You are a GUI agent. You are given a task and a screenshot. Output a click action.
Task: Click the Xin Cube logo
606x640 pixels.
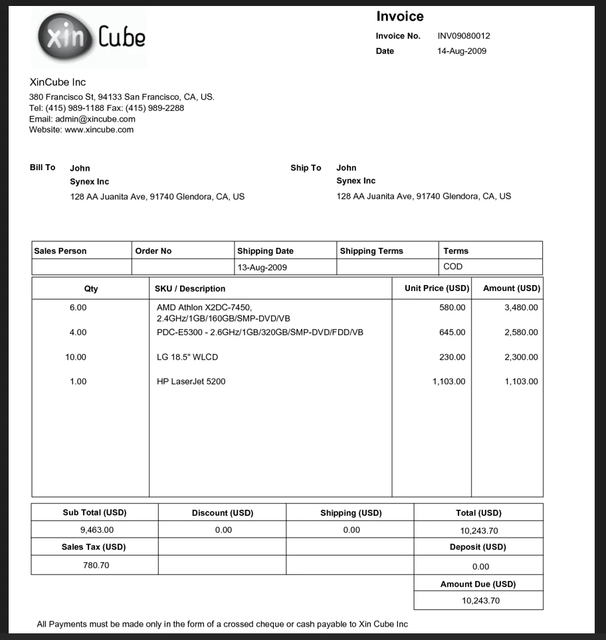pos(90,37)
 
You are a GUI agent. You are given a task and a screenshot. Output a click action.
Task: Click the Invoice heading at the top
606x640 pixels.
pos(399,17)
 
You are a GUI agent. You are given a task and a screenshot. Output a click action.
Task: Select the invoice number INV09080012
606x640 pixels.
pos(464,36)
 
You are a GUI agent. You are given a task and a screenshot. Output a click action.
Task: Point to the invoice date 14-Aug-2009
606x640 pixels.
pos(462,51)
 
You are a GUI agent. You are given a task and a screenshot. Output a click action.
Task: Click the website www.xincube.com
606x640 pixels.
pos(99,130)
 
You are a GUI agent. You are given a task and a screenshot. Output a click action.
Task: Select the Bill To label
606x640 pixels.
pos(43,167)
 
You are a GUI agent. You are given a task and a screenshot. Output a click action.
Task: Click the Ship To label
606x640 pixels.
pos(306,168)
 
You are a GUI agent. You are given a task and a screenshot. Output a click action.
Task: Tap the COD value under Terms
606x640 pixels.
pos(453,267)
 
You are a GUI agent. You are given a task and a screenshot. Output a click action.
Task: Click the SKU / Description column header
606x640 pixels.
pos(190,288)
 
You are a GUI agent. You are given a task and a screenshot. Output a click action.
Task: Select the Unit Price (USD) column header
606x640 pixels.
pos(437,288)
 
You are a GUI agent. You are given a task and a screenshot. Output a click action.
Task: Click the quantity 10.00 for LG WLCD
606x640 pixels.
pos(76,358)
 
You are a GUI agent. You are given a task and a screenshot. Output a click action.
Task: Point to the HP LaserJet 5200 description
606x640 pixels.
pos(191,381)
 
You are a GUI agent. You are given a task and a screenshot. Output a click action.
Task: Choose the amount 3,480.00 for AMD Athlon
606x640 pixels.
pos(521,308)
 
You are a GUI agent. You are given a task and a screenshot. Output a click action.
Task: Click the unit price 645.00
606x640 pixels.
pos(453,332)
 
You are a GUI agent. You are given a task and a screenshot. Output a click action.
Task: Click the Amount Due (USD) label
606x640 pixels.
pos(478,584)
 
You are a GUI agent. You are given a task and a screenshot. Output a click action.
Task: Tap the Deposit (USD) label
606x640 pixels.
pos(478,547)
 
